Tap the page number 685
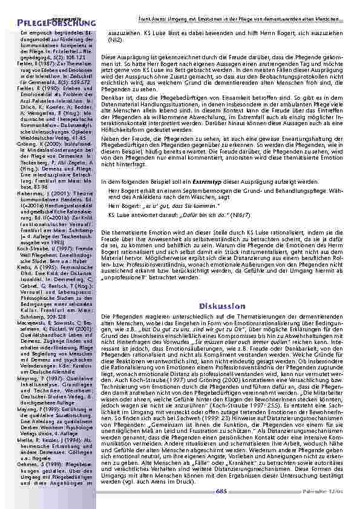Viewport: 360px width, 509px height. coord(222,491)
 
